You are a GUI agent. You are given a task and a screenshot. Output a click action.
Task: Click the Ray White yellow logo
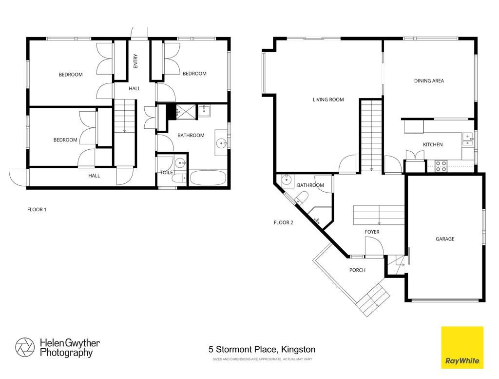(462, 347)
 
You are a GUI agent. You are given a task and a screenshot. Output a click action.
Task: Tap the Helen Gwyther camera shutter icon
(25, 347)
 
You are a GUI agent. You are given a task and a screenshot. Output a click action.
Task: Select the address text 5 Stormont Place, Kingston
(262, 349)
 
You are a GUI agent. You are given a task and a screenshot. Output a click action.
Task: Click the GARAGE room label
(445, 239)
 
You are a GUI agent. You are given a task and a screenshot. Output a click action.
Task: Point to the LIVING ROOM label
(328, 100)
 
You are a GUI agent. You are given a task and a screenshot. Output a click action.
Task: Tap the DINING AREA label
(429, 81)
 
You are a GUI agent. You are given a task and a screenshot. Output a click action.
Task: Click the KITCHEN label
(433, 144)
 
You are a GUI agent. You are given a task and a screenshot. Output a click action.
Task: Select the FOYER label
(372, 232)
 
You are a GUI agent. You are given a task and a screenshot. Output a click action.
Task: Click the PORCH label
(357, 270)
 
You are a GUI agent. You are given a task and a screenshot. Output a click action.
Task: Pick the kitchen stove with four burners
(441, 166)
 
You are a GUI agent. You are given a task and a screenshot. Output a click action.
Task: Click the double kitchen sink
(467, 139)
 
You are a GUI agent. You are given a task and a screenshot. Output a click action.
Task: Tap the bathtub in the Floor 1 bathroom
(208, 178)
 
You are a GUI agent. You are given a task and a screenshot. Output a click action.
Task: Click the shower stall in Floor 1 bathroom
(186, 112)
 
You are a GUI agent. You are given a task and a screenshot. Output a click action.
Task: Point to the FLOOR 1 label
(37, 210)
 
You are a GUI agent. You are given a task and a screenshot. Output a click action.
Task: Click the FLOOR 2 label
(284, 222)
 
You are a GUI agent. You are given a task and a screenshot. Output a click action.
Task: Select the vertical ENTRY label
(135, 61)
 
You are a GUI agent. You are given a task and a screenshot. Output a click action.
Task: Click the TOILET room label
(168, 173)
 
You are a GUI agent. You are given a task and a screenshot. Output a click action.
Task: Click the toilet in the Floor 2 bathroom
(301, 198)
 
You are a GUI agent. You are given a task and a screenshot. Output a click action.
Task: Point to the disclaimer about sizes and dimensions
(262, 359)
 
